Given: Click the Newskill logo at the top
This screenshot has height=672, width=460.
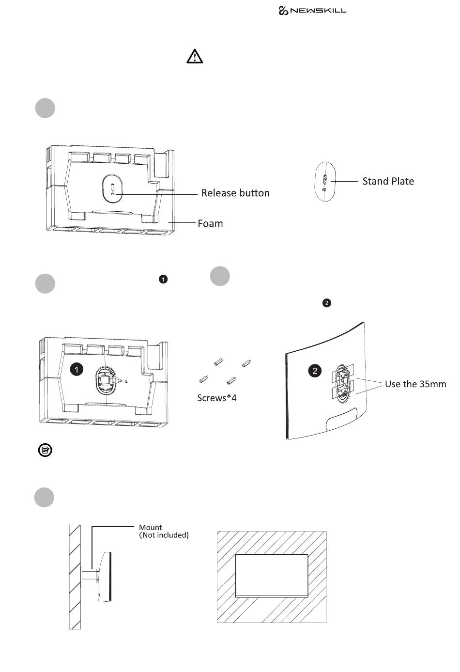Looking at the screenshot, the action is pyautogui.click(x=312, y=11).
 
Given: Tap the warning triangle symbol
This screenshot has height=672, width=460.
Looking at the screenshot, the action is pyautogui.click(x=195, y=56).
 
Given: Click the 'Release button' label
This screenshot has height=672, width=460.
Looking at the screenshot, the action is pyautogui.click(x=235, y=193).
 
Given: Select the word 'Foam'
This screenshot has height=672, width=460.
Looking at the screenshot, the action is pyautogui.click(x=210, y=223).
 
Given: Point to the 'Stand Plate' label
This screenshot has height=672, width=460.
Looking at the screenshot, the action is pyautogui.click(x=388, y=181).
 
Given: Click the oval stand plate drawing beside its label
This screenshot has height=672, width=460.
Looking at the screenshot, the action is pyautogui.click(x=325, y=182).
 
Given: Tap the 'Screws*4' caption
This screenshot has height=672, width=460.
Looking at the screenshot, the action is pyautogui.click(x=217, y=398).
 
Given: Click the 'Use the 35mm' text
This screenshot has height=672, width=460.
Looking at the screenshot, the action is pyautogui.click(x=415, y=384).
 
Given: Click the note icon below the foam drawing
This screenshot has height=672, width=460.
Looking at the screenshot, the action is pyautogui.click(x=45, y=450).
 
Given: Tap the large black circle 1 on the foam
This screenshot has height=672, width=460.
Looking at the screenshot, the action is pyautogui.click(x=77, y=369).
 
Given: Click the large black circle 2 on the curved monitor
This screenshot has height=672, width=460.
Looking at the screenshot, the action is pyautogui.click(x=315, y=371).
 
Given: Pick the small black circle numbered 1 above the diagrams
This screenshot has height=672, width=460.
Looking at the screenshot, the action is pyautogui.click(x=163, y=279).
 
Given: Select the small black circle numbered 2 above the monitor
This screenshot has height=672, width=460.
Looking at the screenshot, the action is pyautogui.click(x=327, y=303).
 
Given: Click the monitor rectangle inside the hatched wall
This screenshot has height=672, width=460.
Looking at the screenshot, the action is pyautogui.click(x=272, y=576).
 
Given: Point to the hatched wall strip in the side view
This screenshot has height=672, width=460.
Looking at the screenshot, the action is pyautogui.click(x=75, y=577).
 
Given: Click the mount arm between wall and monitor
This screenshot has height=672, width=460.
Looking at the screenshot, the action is pyautogui.click(x=90, y=575).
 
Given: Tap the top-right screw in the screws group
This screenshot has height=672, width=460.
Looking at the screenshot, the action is pyautogui.click(x=246, y=363).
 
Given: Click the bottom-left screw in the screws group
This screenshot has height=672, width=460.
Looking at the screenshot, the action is pyautogui.click(x=204, y=379).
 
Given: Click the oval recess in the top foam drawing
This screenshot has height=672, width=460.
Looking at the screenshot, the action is pyautogui.click(x=112, y=189).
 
